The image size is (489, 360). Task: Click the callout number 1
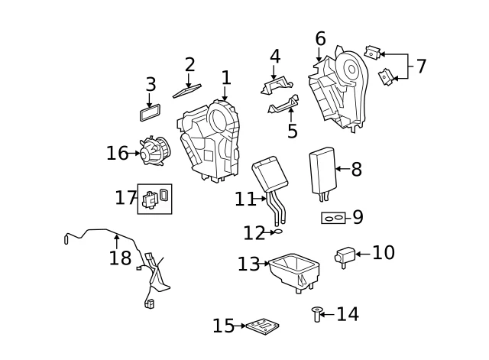[x=226, y=78]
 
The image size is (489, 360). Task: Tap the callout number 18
[x=120, y=258]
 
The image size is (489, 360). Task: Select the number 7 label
[x=421, y=66]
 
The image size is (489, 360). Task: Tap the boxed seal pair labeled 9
[x=332, y=218]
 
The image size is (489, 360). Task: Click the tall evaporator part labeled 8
[x=322, y=170]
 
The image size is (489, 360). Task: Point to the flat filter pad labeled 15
[x=262, y=327]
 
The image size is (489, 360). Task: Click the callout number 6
[x=320, y=39]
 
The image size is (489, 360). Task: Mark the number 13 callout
[x=249, y=264]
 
